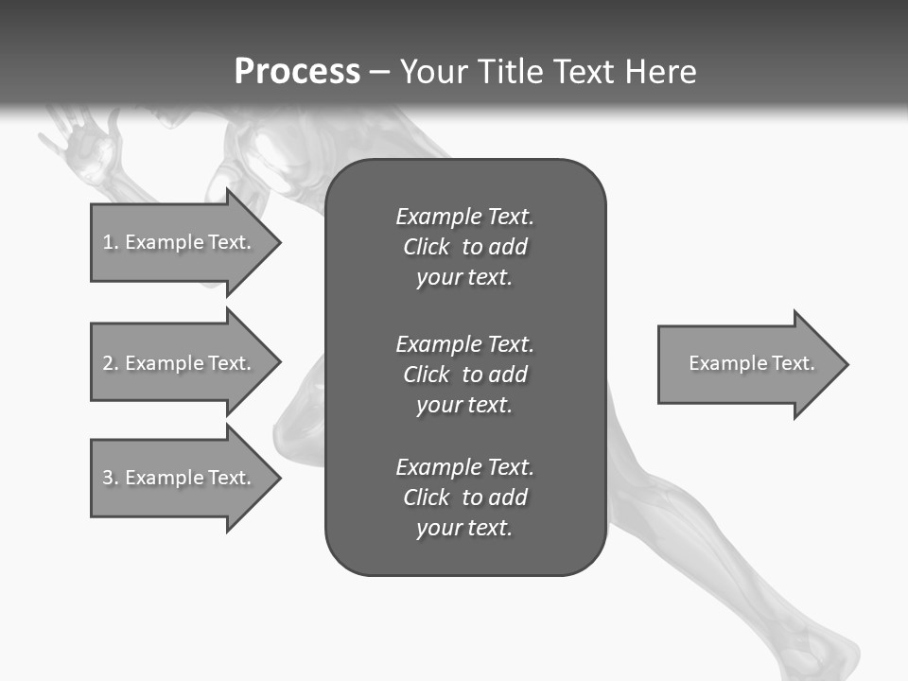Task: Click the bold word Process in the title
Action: point(297,72)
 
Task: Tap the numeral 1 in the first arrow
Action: point(107,242)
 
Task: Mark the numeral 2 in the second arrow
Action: point(107,363)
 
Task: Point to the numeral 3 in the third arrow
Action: point(107,478)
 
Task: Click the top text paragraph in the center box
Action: point(464,247)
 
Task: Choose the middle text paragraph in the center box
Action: point(464,374)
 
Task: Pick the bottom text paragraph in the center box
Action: point(464,498)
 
